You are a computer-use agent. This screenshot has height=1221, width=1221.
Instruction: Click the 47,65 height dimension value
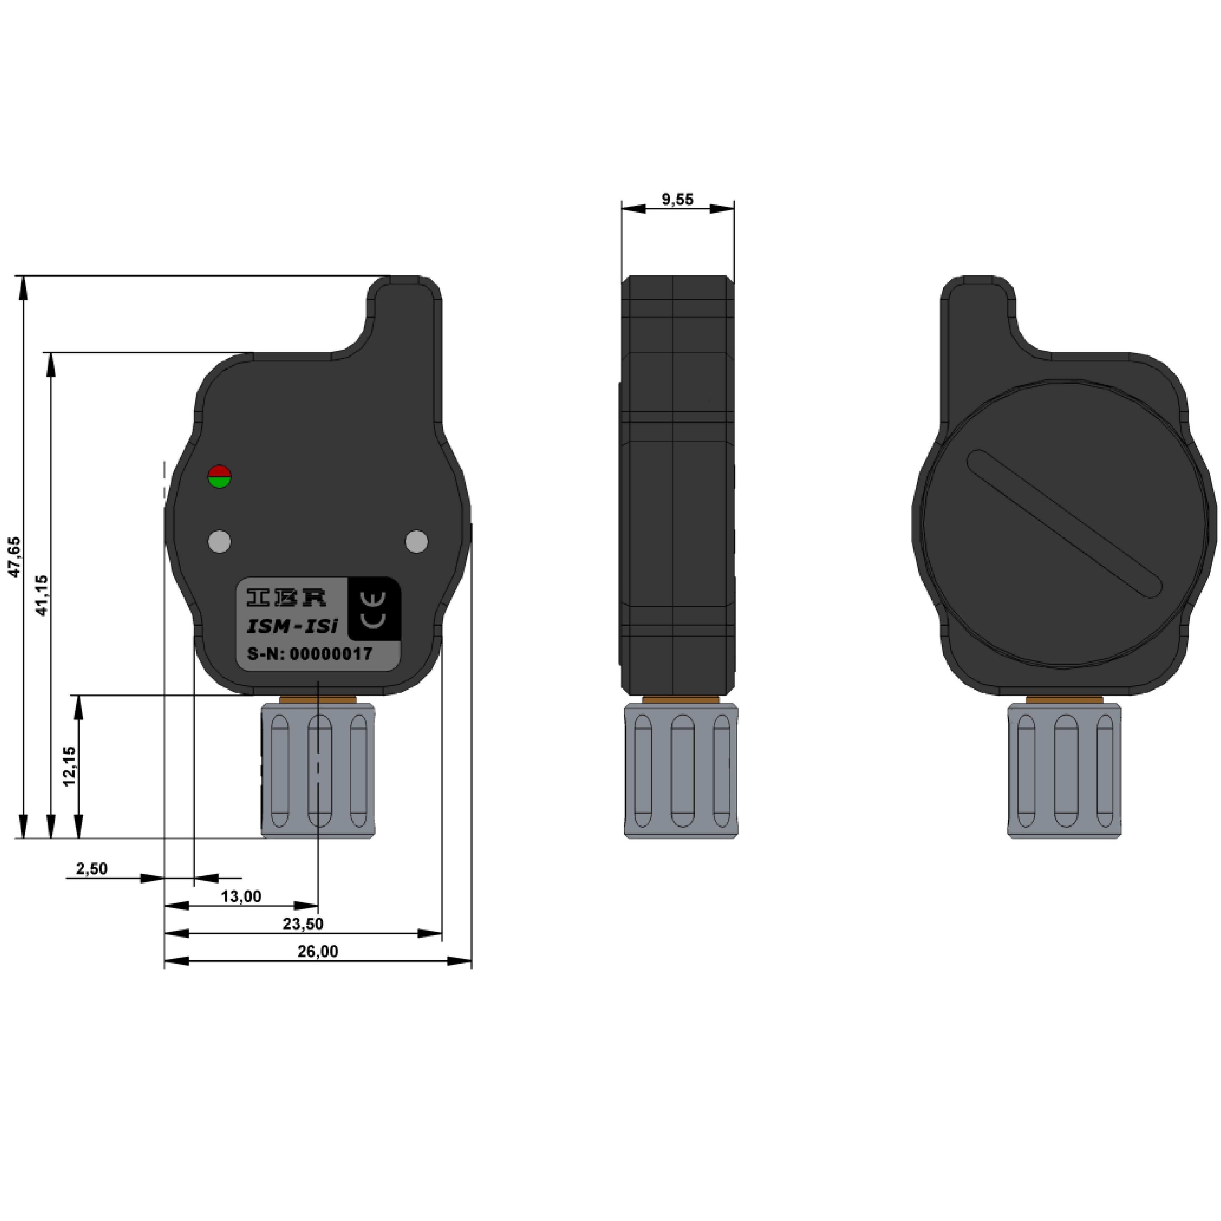click(x=14, y=557)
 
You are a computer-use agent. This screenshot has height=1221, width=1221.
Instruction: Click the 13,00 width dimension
click(x=241, y=896)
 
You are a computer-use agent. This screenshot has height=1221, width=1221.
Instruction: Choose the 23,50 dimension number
click(x=303, y=924)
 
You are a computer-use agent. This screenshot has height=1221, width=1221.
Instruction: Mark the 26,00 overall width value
click(x=318, y=951)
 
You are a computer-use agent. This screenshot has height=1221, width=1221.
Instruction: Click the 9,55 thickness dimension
click(x=677, y=200)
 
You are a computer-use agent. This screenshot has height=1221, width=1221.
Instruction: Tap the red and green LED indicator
click(x=219, y=476)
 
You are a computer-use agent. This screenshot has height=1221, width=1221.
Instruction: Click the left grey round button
click(x=219, y=542)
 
